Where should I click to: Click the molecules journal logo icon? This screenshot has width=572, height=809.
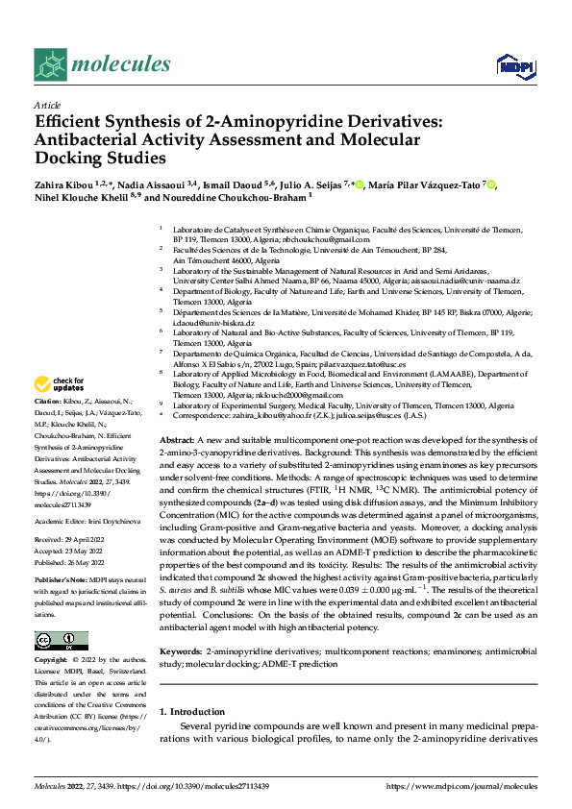[50, 64]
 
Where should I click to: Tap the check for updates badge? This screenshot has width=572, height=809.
[60, 384]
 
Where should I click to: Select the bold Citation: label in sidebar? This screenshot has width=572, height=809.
[48, 400]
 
